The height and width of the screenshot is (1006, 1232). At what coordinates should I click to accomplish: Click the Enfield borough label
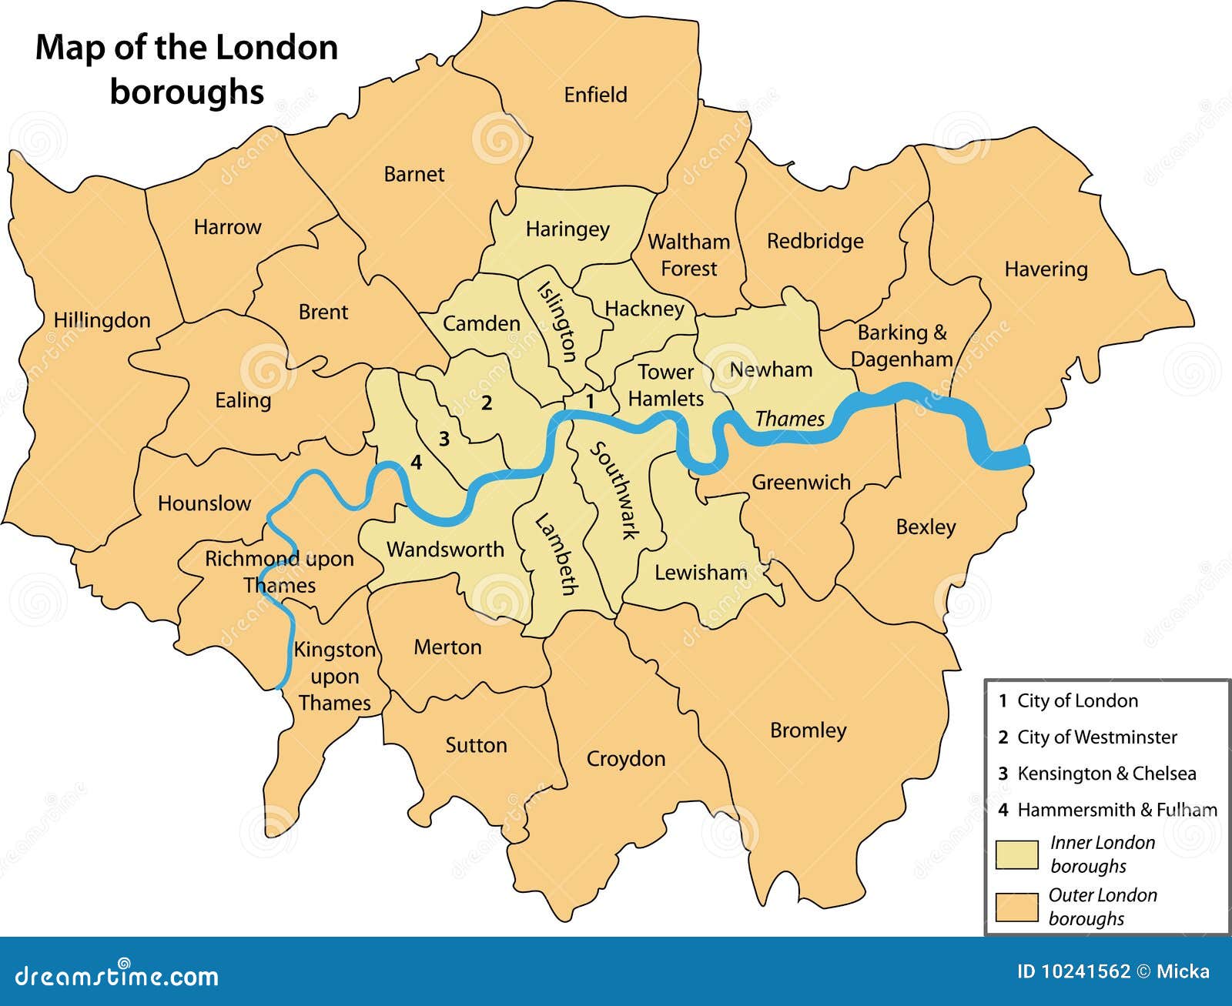(595, 95)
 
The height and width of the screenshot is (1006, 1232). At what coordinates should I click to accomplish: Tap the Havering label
(1046, 269)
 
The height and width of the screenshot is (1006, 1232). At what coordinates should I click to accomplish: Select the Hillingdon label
(102, 320)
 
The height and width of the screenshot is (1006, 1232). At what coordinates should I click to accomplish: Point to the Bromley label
(808, 730)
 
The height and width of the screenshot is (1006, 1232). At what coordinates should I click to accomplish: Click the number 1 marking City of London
(591, 401)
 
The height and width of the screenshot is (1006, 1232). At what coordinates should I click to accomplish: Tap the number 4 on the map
(417, 463)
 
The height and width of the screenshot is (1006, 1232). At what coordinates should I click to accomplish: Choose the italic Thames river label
(789, 419)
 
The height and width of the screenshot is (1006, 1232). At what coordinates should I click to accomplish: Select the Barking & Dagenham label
(902, 346)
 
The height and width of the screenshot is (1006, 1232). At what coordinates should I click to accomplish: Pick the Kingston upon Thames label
(334, 676)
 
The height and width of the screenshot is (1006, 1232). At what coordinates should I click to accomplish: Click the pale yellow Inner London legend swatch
(1016, 854)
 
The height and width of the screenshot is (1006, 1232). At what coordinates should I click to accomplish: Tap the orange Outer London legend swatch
(1016, 907)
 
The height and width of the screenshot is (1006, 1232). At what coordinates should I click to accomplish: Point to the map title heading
(187, 69)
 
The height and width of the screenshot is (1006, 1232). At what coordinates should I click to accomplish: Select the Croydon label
(625, 759)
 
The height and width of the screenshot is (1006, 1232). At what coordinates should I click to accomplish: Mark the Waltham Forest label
(688, 255)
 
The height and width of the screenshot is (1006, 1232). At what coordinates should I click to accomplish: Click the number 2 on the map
(487, 403)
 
